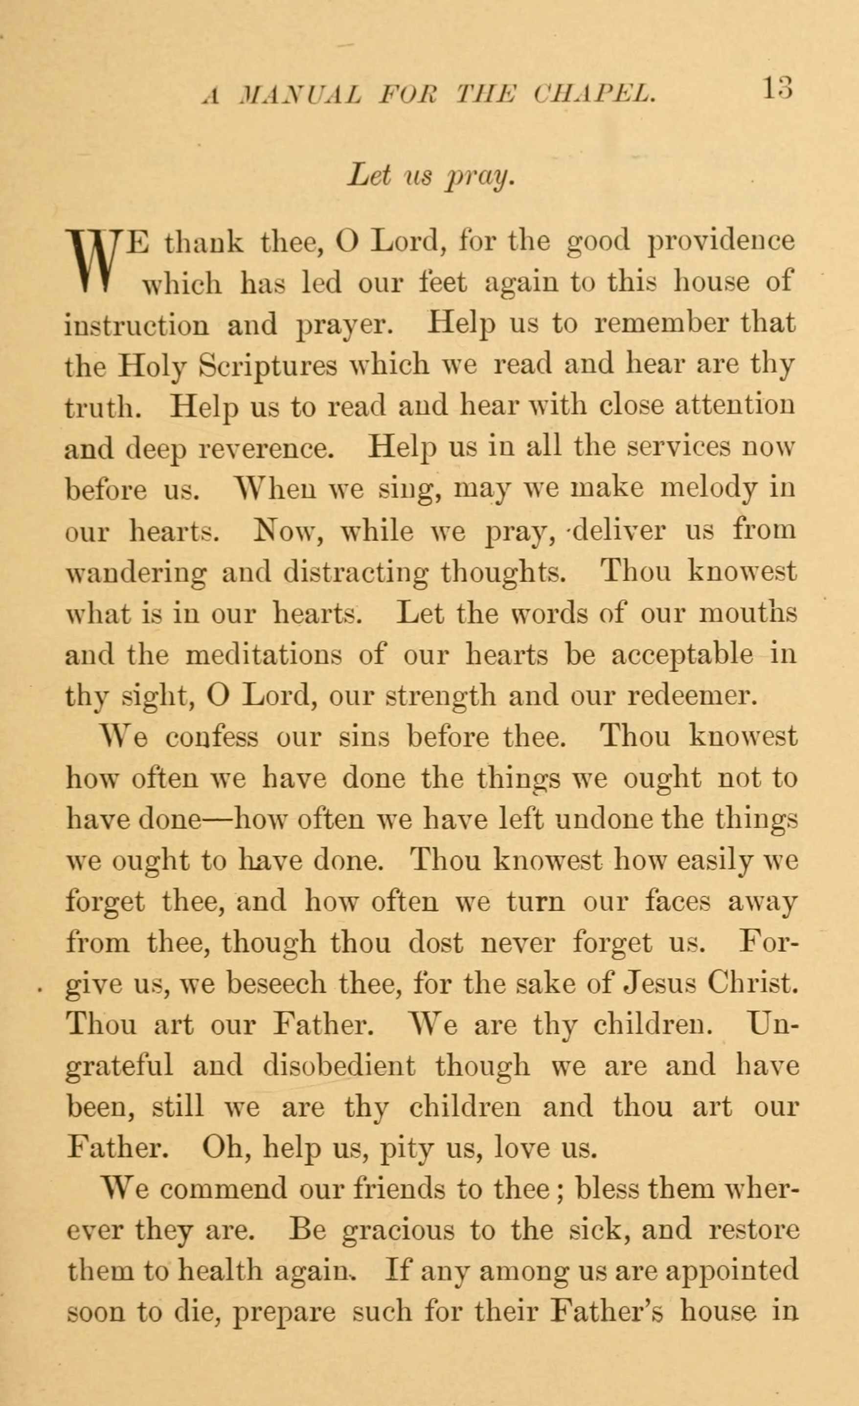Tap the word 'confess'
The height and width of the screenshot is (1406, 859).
[212, 738]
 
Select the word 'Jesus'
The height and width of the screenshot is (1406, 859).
[660, 984]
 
